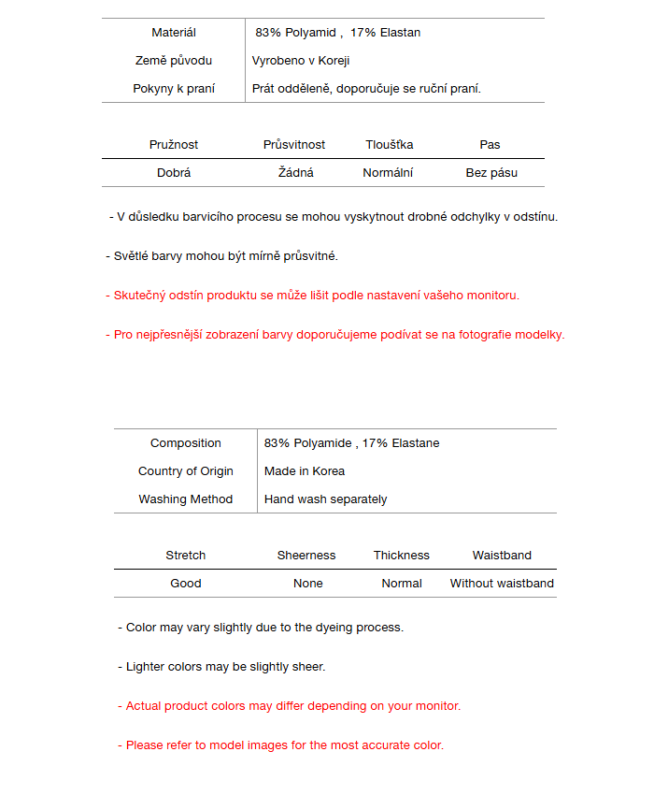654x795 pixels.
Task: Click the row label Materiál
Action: coord(174,33)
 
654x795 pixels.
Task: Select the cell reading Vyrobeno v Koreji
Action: coord(301,61)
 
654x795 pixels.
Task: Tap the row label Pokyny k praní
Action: coord(174,89)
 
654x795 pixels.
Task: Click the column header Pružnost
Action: coord(174,145)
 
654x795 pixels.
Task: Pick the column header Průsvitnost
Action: coord(294,145)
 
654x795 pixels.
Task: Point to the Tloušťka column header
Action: coord(390,145)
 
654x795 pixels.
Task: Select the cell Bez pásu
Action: coord(491,173)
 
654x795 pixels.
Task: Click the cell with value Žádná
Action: coord(296,173)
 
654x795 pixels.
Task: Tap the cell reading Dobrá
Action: coord(174,173)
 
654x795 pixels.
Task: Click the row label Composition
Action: coord(186,443)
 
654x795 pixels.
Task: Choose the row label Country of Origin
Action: coord(186,471)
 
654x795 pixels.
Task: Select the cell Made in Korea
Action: coord(305,471)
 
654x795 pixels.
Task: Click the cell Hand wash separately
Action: coord(326,499)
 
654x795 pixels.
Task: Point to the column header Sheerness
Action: coord(306,556)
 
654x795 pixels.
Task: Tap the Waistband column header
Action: coord(502,556)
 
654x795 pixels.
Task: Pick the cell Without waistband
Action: coord(502,584)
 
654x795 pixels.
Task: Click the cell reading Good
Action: coord(186,584)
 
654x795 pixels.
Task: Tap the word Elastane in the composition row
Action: coord(416,443)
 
